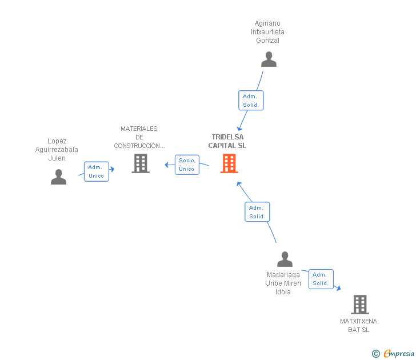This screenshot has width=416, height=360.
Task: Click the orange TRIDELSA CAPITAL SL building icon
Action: click(229, 163)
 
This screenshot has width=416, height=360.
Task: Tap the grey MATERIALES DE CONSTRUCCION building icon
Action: click(140, 163)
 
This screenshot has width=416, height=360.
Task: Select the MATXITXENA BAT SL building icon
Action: click(359, 305)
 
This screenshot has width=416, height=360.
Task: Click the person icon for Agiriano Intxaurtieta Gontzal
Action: click(269, 59)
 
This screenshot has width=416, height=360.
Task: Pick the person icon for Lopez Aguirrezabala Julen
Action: click(58, 177)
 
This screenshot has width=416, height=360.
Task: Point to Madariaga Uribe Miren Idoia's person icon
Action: click(285, 259)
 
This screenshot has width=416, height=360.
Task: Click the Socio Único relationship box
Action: click(187, 165)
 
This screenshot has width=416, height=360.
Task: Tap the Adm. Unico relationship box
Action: click(96, 171)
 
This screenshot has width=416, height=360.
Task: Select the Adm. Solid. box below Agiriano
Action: click(251, 101)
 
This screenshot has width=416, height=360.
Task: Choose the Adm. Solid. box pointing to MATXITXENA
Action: click(321, 279)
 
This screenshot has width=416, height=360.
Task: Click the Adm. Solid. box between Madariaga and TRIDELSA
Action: click(257, 212)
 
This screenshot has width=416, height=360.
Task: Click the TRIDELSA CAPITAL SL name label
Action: click(227, 141)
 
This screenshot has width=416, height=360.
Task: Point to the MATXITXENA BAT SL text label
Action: click(358, 325)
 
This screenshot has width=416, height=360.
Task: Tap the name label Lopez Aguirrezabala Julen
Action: click(57, 150)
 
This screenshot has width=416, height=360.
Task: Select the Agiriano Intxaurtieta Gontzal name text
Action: click(267, 32)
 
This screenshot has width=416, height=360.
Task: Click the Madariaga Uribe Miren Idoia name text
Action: click(283, 283)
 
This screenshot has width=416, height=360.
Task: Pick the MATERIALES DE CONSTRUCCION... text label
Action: click(139, 137)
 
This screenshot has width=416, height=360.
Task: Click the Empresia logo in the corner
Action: click(399, 354)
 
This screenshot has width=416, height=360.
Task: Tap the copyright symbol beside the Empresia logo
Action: click(375, 354)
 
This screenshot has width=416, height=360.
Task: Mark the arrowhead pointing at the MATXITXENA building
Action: click(338, 289)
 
